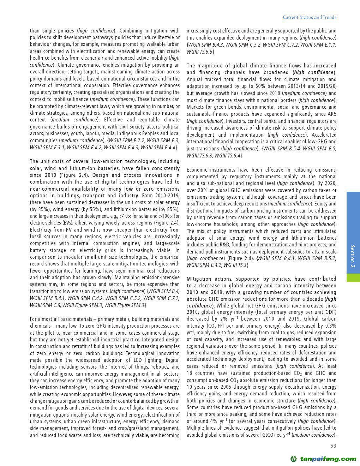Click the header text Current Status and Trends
point(310,17)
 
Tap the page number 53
point(333,446)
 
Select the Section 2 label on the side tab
point(353,256)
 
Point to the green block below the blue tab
point(353,277)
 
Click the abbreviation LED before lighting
point(138,360)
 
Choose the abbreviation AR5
point(332,114)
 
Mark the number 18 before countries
point(190,373)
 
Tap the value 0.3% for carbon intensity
point(330,326)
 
